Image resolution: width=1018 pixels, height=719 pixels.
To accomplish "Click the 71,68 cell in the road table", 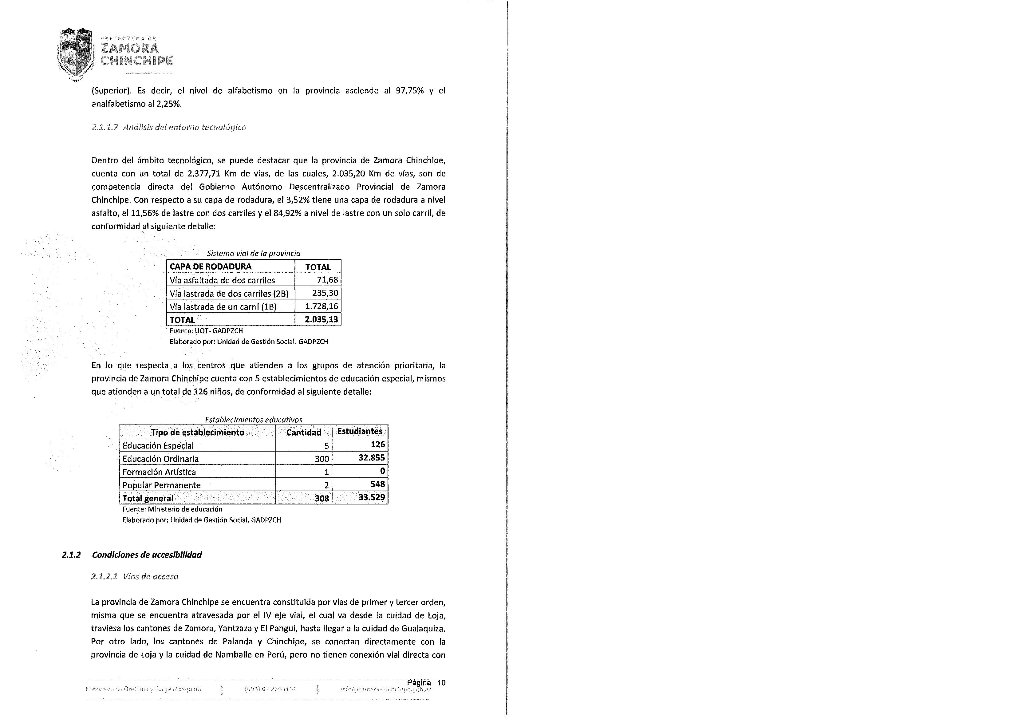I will pyautogui.click(x=327, y=280).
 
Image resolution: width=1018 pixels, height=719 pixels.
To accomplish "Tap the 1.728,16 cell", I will pyautogui.click(x=322, y=306).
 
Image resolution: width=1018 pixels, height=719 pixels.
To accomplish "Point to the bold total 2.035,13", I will pyautogui.click(x=321, y=319).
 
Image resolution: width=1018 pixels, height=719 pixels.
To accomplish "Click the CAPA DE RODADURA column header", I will pyautogui.click(x=211, y=267).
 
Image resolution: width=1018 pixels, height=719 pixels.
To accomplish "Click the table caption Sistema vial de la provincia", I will pyautogui.click(x=254, y=253).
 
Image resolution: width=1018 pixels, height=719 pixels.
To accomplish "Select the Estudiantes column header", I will pyautogui.click(x=360, y=431).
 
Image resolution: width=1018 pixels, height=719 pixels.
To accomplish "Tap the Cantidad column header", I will pyautogui.click(x=304, y=432).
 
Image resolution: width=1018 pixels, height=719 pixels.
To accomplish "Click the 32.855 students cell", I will pyautogui.click(x=372, y=458).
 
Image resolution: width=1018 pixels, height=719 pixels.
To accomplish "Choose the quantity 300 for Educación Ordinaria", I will pyautogui.click(x=322, y=459).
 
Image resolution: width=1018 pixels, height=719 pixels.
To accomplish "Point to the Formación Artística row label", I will pyautogui.click(x=159, y=472).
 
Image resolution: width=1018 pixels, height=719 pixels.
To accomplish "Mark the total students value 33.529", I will pyautogui.click(x=372, y=497).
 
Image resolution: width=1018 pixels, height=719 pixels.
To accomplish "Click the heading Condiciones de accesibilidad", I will pyautogui.click(x=147, y=555).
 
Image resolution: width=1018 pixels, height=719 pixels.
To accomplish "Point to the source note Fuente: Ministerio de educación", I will pyautogui.click(x=172, y=509).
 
